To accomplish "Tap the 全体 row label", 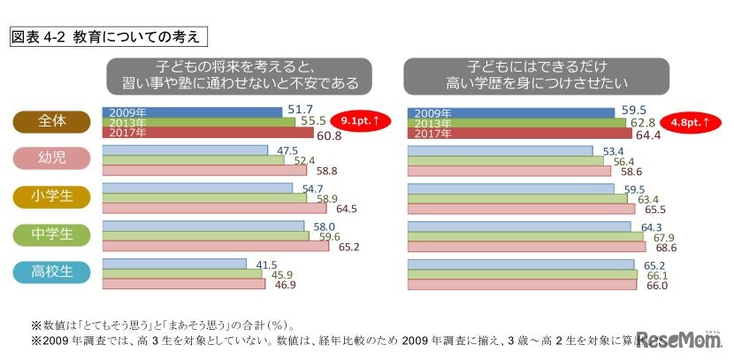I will click(52, 121).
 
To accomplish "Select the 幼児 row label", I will click(52, 159).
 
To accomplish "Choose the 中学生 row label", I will click(52, 234).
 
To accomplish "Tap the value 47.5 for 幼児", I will click(287, 149).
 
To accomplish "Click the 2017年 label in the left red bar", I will click(124, 134).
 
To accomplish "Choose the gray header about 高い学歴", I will click(540, 76).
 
